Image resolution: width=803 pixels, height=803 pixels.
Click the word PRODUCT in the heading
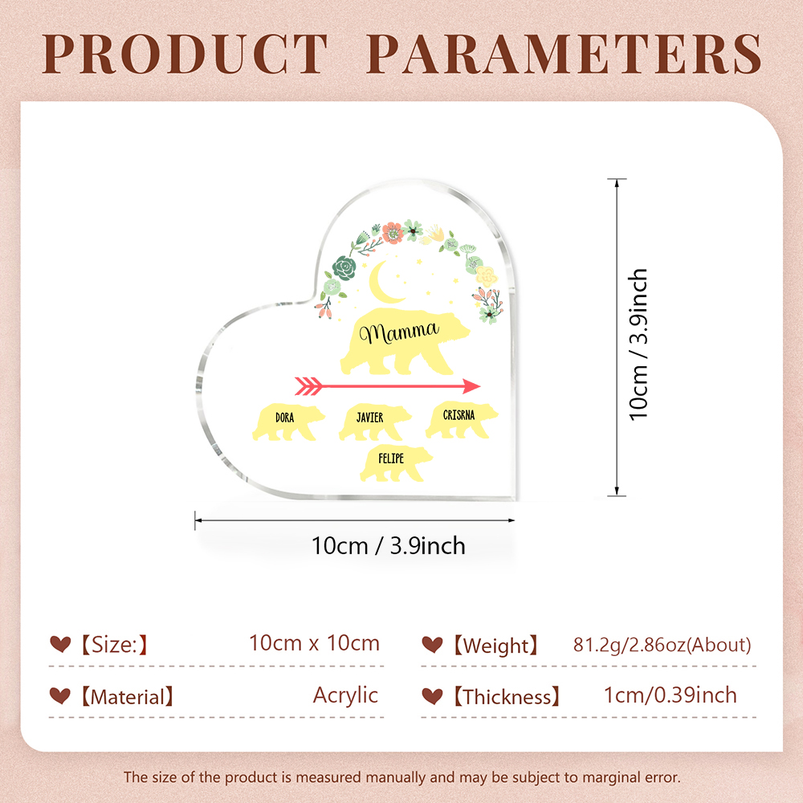tap(185, 54)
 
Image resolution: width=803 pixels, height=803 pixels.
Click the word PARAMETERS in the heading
tap(565, 54)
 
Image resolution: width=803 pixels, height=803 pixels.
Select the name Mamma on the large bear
tap(399, 333)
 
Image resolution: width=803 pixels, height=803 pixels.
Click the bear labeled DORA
tap(287, 422)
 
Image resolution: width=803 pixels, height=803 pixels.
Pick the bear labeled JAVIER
tap(374, 422)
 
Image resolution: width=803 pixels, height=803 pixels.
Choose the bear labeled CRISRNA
tap(462, 420)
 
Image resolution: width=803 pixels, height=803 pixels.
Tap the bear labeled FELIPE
tap(396, 463)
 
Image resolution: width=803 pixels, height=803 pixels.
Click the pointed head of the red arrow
tap(471, 386)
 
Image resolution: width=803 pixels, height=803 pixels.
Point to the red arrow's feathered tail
tap(308, 386)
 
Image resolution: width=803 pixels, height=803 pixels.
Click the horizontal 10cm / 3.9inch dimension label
tap(389, 546)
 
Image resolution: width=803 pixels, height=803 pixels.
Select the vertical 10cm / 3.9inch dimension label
tap(638, 344)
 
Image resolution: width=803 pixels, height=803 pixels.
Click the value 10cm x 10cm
tap(315, 643)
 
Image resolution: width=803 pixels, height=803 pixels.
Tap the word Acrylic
tap(345, 695)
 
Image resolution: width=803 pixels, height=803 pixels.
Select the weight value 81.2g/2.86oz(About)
tap(662, 645)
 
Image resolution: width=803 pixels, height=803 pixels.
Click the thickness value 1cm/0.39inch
tap(671, 695)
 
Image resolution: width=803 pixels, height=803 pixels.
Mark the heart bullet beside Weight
tap(432, 644)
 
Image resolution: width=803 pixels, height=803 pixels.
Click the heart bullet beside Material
tap(60, 695)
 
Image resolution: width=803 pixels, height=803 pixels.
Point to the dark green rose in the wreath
tap(344, 268)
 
